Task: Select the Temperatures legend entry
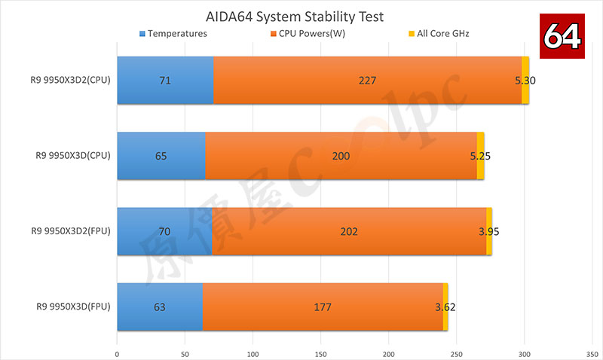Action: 173,34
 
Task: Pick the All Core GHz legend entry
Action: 438,34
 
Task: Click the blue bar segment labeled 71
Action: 165,80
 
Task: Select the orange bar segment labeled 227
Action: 367,80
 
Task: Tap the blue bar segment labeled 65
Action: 161,156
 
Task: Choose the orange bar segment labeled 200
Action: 341,156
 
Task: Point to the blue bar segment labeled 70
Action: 164,231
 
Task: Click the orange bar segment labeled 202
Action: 349,231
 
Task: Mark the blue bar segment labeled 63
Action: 160,307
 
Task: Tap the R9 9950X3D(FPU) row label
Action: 73,307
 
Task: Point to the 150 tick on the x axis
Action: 321,352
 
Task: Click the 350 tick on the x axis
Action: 593,352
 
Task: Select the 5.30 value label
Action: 525,80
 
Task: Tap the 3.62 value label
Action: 445,307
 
